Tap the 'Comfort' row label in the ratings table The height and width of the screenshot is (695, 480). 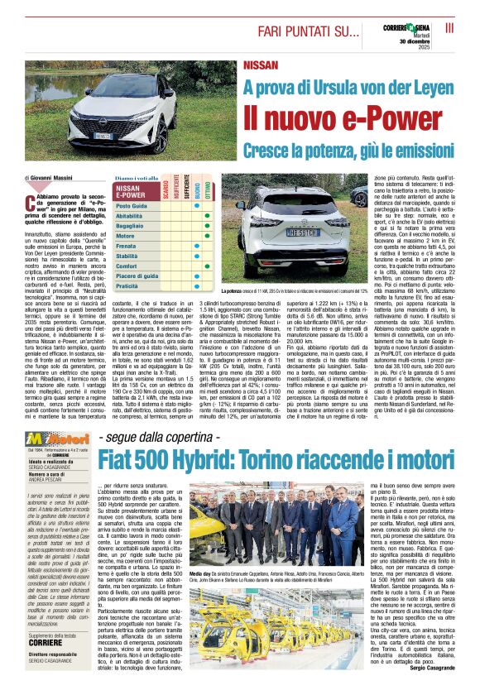[127, 266]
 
